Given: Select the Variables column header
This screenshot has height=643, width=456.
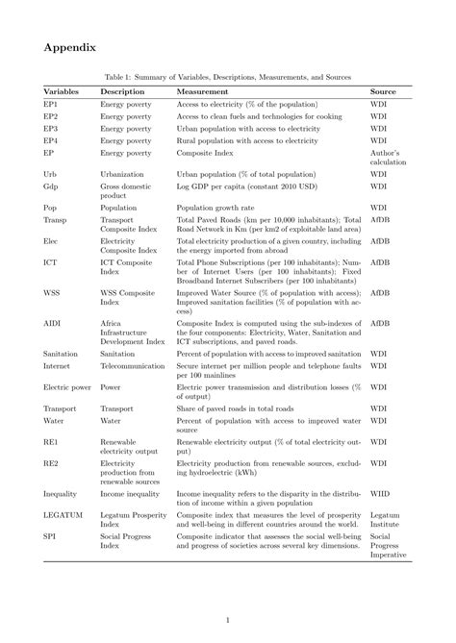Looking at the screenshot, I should [x=62, y=90].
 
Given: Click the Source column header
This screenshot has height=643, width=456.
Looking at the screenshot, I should [x=384, y=90].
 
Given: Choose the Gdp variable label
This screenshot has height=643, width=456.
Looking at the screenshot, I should [x=52, y=185].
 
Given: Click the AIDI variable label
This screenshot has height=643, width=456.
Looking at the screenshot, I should [x=54, y=324].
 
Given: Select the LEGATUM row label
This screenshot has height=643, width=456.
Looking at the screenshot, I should [x=63, y=515].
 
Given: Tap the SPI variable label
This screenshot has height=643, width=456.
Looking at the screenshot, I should [x=50, y=537].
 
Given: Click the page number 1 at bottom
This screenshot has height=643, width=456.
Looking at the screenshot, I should [x=228, y=620].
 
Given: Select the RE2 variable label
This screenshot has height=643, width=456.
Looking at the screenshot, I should [x=51, y=463].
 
